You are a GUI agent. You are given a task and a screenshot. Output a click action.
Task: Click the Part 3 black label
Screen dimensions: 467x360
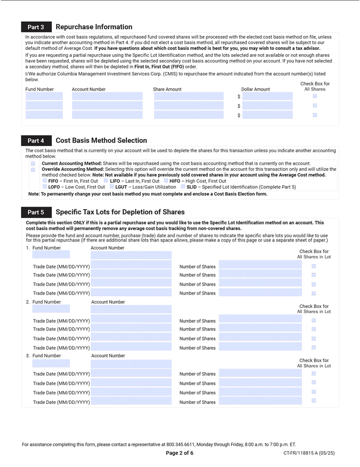36,27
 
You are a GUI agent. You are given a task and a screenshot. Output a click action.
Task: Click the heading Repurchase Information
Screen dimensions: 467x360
94,27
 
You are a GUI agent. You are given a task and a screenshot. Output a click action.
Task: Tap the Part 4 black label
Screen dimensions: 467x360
36,141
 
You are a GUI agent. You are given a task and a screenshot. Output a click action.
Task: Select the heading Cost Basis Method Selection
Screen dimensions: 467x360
101,141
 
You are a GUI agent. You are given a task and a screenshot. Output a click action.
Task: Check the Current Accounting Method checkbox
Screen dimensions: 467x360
33,163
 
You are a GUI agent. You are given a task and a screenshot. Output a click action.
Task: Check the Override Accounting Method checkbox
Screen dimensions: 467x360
33,170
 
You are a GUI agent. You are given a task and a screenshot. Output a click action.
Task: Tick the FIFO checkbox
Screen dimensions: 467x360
45,181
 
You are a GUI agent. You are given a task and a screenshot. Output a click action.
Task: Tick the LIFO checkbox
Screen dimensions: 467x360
106,181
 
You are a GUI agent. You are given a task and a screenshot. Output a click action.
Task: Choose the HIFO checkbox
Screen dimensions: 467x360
166,181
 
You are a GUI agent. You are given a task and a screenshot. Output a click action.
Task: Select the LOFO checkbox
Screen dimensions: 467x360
45,187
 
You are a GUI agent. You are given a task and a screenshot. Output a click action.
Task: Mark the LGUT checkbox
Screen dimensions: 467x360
112,187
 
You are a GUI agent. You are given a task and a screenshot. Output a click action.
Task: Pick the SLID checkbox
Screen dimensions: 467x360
183,187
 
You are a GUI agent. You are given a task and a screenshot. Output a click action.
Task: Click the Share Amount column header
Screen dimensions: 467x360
167,90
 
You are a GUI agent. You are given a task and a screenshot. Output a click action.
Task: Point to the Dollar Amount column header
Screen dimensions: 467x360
256,90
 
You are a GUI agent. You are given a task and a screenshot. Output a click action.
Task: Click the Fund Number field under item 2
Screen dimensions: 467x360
51,309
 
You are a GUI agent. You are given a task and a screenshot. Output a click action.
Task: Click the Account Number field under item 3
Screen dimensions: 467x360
131,364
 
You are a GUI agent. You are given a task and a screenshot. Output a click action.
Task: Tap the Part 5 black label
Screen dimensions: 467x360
36,212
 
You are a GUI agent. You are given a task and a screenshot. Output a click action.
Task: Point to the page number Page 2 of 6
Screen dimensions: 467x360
180,453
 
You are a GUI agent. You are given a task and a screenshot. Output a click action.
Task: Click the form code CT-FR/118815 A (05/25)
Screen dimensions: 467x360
309,453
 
